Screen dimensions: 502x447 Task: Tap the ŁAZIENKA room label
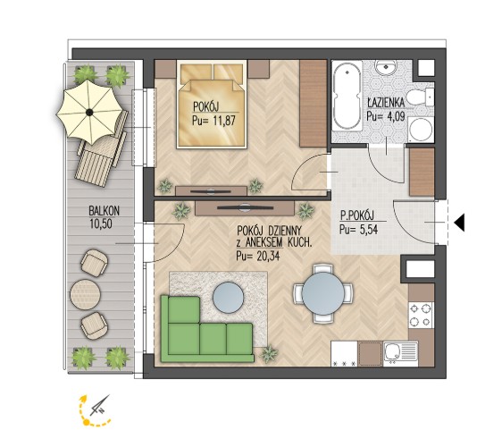[x=386, y=103]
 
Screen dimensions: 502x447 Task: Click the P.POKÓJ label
[x=357, y=215]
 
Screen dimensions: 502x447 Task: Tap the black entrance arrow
[x=460, y=222]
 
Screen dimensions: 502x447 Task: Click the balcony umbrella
[x=89, y=112]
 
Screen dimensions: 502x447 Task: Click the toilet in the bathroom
[x=420, y=97]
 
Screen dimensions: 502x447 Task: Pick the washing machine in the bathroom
[x=422, y=130]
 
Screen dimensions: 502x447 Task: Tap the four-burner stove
[x=421, y=315]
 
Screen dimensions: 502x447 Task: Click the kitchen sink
[x=400, y=354]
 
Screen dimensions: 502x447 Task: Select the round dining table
[x=323, y=293]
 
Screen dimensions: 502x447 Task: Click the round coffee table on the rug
[x=229, y=297]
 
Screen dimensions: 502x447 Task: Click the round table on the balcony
[x=86, y=294]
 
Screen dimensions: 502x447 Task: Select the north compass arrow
[x=101, y=405]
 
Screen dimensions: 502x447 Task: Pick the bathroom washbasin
[x=386, y=67]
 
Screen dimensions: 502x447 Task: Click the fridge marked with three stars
[x=344, y=353]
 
